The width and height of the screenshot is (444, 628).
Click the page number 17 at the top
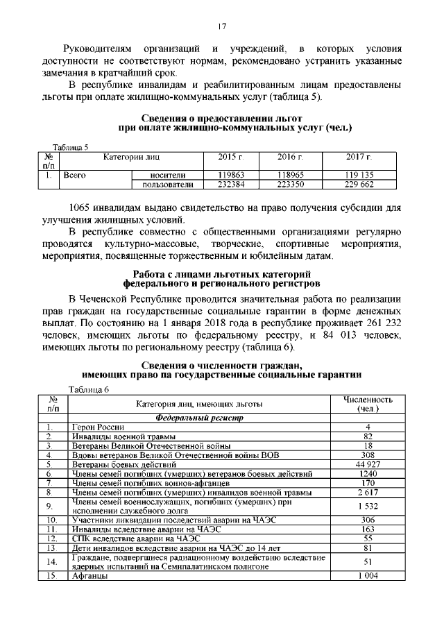pyautogui.click(x=222, y=26)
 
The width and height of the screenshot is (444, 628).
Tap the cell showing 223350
pyautogui.click(x=291, y=185)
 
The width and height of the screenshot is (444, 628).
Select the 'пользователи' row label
pyautogui.click(x=167, y=185)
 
